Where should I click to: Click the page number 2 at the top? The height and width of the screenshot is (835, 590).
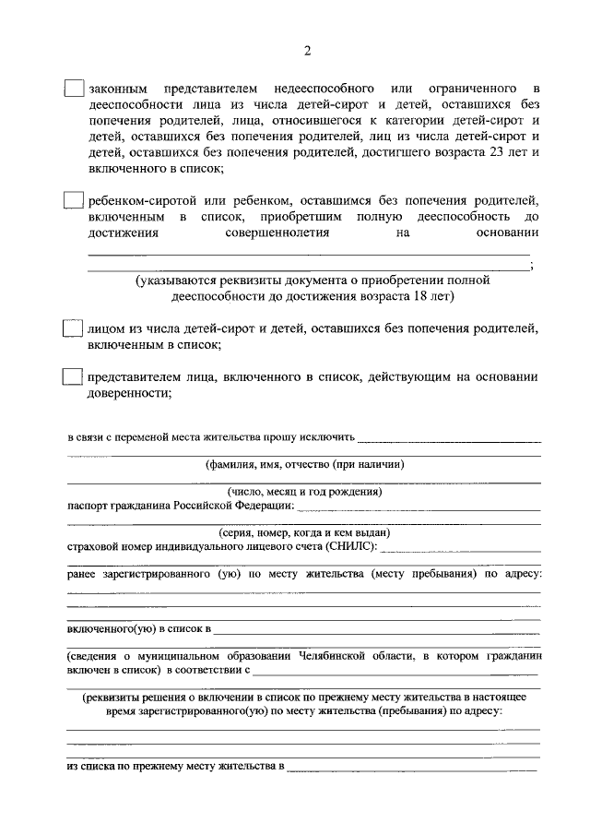pyautogui.click(x=307, y=50)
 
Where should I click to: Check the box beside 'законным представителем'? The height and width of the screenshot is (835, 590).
pyautogui.click(x=74, y=89)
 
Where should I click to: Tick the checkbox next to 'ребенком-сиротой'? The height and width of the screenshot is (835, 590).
pyautogui.click(x=74, y=201)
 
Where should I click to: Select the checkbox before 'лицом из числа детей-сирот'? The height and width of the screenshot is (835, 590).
pyautogui.click(x=74, y=329)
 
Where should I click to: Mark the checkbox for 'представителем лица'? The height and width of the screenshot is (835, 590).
pyautogui.click(x=74, y=377)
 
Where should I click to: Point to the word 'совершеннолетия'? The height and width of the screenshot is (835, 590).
pyautogui.click(x=277, y=233)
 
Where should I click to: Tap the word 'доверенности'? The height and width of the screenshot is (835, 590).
pyautogui.click(x=128, y=394)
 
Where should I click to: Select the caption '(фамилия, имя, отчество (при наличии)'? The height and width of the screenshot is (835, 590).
pyautogui.click(x=305, y=465)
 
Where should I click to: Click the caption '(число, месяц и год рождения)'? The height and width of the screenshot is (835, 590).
pyautogui.click(x=305, y=492)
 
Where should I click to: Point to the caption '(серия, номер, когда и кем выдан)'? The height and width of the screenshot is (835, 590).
pyautogui.click(x=305, y=533)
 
